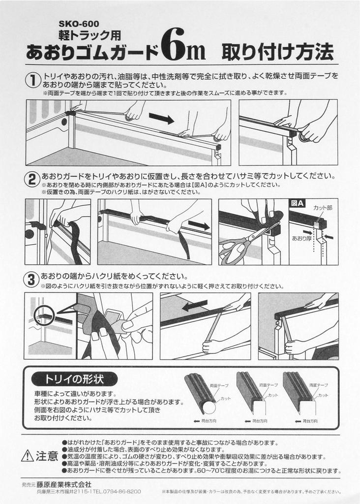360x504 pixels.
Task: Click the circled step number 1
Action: coord(33,80)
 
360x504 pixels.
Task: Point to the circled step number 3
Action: coord(31,280)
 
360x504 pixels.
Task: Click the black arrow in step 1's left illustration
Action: coord(161,118)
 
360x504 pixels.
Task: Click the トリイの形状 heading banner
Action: coord(74,379)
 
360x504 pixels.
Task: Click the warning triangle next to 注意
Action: coord(28,456)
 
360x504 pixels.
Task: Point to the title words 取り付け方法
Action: coord(277,51)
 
